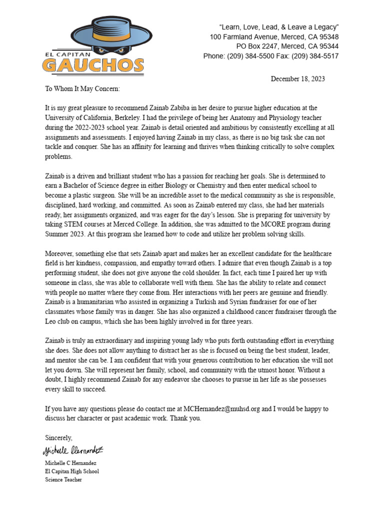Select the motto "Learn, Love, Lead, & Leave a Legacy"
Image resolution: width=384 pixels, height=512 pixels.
(x=279, y=26)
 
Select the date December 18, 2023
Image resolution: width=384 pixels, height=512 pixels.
(x=298, y=79)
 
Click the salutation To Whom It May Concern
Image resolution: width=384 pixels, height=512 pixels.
(x=82, y=88)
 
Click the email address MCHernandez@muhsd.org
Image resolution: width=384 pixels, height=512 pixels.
(x=222, y=408)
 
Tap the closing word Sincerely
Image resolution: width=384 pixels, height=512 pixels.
(x=58, y=437)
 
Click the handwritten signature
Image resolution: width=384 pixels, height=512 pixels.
(x=72, y=451)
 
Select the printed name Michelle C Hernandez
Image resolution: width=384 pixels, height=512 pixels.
(x=70, y=463)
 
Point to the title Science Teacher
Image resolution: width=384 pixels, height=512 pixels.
(x=63, y=479)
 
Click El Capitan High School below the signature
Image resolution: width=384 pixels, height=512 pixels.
(x=72, y=471)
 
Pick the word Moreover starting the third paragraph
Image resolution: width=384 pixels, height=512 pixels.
(x=59, y=254)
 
